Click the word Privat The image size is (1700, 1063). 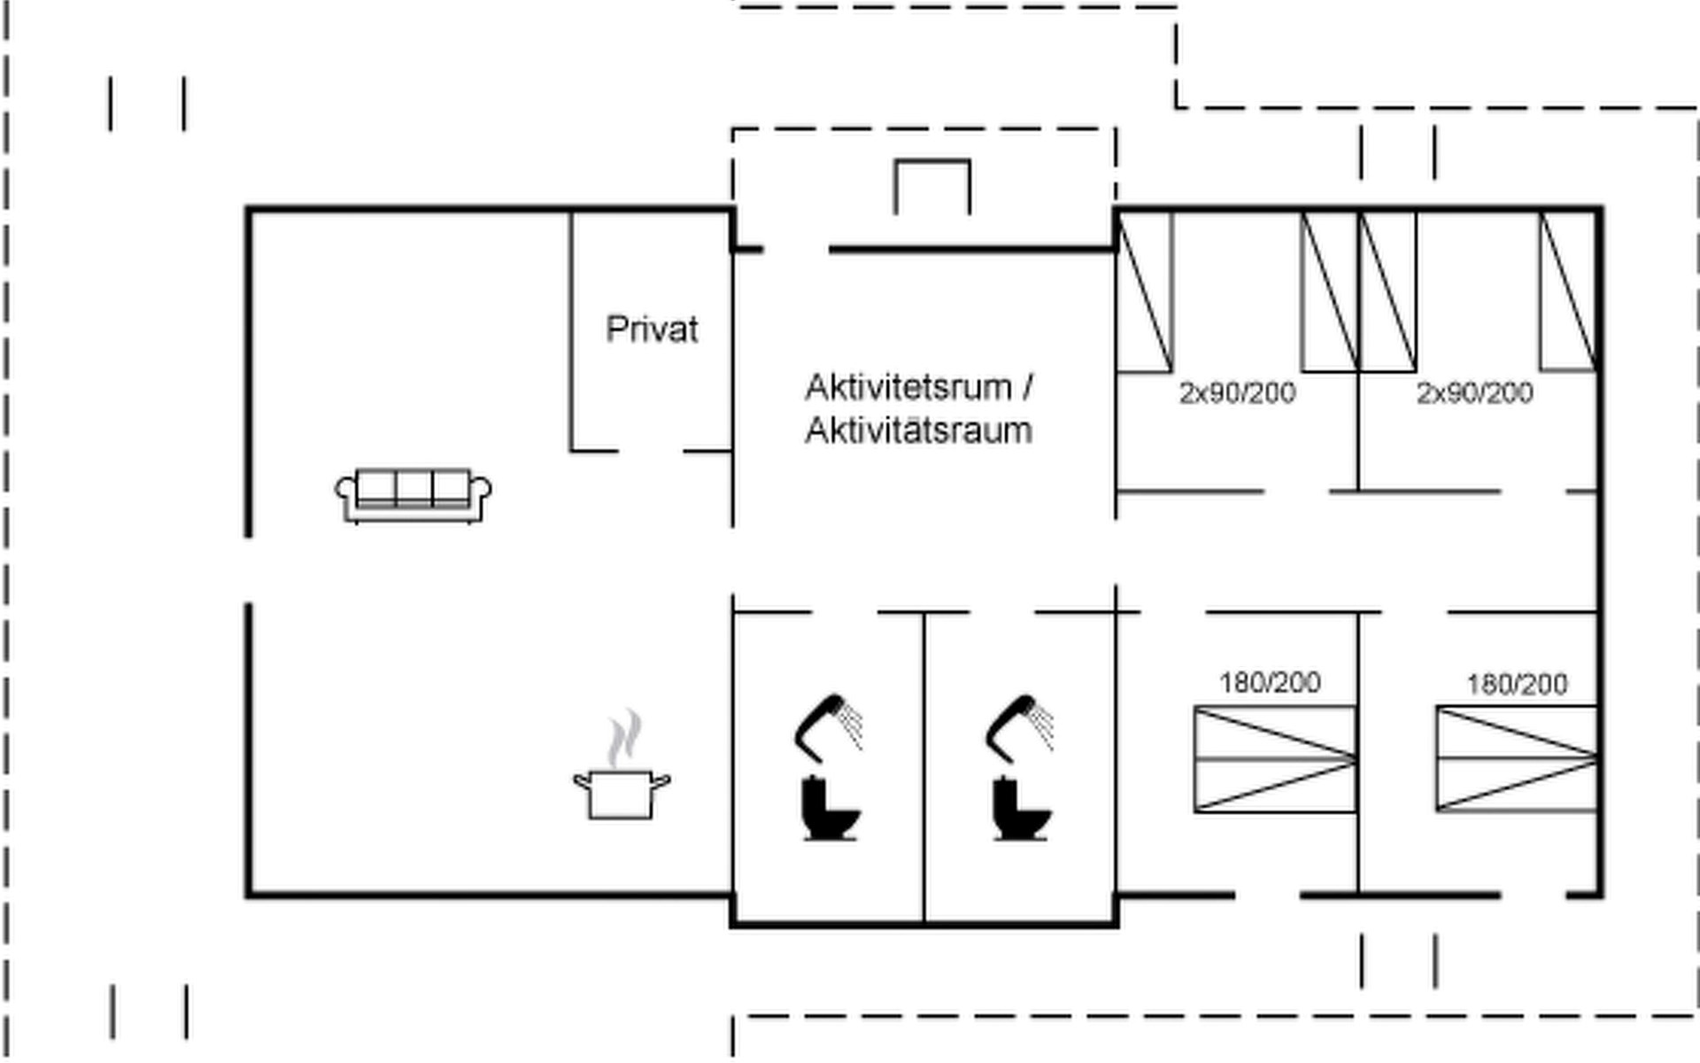[x=652, y=330]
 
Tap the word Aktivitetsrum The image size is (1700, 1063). [x=908, y=388]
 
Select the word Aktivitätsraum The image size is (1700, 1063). [x=918, y=431]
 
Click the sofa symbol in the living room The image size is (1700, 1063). [x=413, y=495]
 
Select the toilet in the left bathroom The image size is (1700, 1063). [x=830, y=808]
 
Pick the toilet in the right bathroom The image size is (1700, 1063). [x=1021, y=808]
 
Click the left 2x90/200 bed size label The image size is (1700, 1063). [x=1237, y=392]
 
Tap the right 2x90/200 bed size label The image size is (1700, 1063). [x=1474, y=392]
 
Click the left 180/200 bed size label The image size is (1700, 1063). [x=1270, y=682]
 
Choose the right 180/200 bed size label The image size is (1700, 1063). [x=1517, y=684]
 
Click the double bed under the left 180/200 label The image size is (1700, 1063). [x=1275, y=759]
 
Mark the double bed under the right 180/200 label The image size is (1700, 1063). [x=1516, y=759]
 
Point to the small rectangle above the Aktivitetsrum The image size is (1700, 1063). [x=932, y=186]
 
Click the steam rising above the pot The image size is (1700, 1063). [x=625, y=737]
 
